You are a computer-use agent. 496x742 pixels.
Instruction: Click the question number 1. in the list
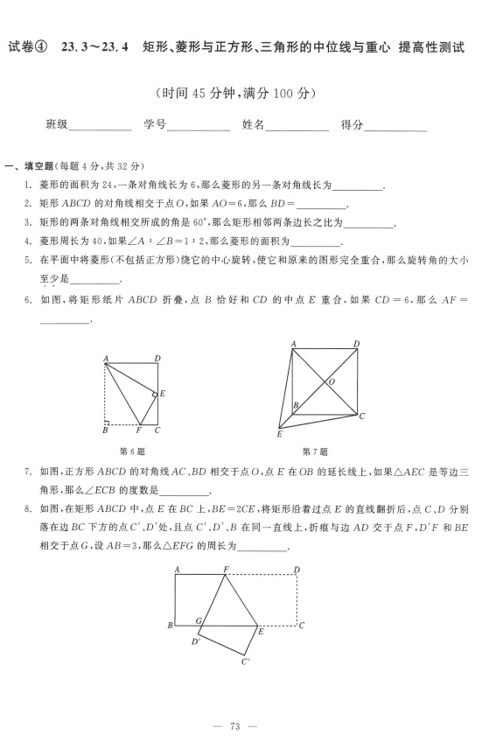(x=30, y=185)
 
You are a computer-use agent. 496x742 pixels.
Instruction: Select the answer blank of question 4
(x=315, y=242)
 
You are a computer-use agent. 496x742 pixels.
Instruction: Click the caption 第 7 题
(x=314, y=451)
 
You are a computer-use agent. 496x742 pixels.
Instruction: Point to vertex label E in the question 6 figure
(x=162, y=394)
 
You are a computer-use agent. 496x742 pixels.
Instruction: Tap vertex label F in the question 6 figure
(x=138, y=430)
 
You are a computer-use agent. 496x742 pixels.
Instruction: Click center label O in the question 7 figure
(x=331, y=381)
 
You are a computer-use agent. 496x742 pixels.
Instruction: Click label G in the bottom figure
(x=199, y=620)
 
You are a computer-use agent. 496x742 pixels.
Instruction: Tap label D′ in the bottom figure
(x=196, y=641)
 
